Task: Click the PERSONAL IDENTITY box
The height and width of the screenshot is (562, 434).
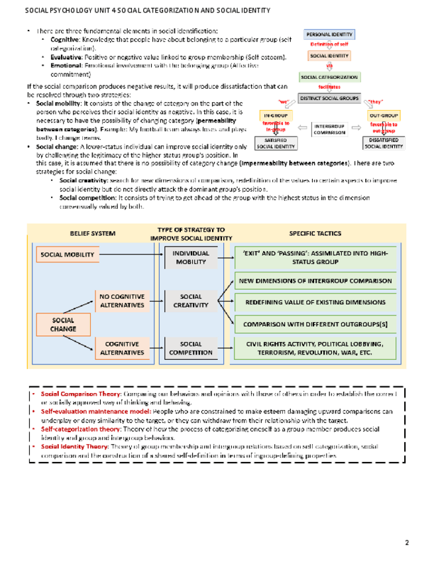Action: click(x=329, y=34)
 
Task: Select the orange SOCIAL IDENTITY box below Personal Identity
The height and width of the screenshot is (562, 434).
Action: click(x=329, y=56)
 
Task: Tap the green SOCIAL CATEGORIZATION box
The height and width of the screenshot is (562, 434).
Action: click(x=329, y=77)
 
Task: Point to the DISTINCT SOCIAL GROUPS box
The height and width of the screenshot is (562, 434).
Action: click(x=329, y=98)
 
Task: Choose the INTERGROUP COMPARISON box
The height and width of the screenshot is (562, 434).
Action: click(x=329, y=129)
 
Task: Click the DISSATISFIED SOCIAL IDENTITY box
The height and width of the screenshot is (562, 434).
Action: click(x=384, y=144)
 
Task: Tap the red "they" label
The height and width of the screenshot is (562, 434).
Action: click(x=376, y=101)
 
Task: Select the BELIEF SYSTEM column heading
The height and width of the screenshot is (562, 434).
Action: click(x=93, y=234)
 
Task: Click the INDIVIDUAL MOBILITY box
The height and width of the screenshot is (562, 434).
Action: click(x=191, y=258)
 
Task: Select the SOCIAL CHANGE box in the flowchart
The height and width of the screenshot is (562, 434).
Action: click(x=64, y=324)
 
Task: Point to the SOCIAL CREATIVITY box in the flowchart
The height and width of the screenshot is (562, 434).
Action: click(x=191, y=301)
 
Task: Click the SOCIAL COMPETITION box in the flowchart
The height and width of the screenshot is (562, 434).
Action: click(x=191, y=348)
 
